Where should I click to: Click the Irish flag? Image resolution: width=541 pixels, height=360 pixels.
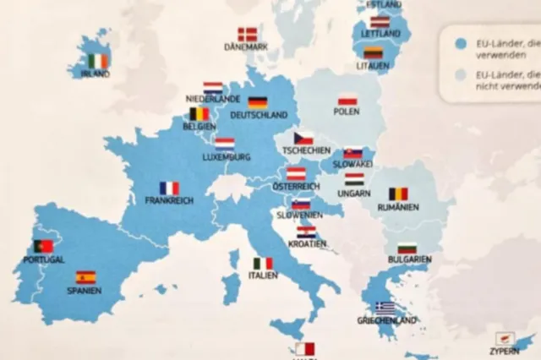click(98, 61)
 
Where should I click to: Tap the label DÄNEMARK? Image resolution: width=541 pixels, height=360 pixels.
click(246, 47)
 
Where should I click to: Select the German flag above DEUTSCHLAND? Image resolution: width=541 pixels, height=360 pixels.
click(258, 102)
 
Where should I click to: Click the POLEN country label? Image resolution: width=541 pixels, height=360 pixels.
click(347, 112)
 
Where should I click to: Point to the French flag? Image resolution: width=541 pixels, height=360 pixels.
click(169, 188)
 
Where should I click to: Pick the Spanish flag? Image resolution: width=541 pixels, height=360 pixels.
click(85, 277)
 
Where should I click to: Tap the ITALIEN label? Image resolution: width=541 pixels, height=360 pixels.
click(263, 275)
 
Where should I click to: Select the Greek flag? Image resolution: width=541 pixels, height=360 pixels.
click(385, 308)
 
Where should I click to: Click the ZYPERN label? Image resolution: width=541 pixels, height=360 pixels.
click(504, 351)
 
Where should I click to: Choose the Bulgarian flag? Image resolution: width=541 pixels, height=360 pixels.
click(407, 248)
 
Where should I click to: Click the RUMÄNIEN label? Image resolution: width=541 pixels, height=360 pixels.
click(398, 206)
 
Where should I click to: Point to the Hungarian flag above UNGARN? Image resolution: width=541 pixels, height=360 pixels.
click(354, 179)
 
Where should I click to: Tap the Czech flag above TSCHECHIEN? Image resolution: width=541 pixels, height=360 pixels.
click(303, 138)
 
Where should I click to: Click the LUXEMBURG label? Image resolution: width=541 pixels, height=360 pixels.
click(227, 156)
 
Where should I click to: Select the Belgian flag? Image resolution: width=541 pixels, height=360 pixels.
click(199, 113)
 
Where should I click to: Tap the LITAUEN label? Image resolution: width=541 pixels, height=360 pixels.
click(373, 65)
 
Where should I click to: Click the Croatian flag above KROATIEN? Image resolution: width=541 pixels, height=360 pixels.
click(306, 231)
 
